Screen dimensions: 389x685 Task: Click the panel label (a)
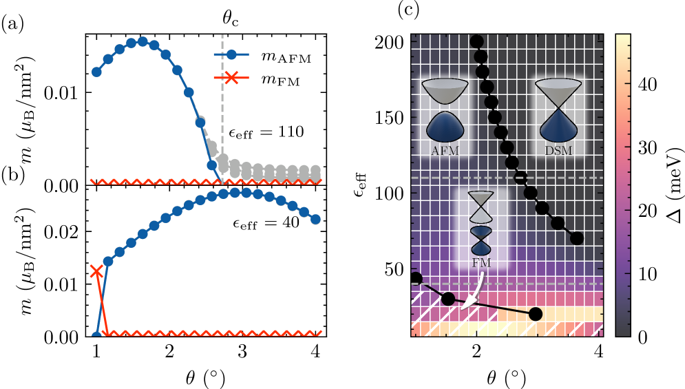pyautogui.click(x=13, y=25)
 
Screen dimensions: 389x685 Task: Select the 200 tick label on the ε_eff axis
pyautogui.click(x=390, y=42)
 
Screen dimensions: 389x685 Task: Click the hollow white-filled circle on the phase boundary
pyautogui.click(x=520, y=179)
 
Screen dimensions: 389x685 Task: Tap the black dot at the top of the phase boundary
pyautogui.click(x=476, y=42)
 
